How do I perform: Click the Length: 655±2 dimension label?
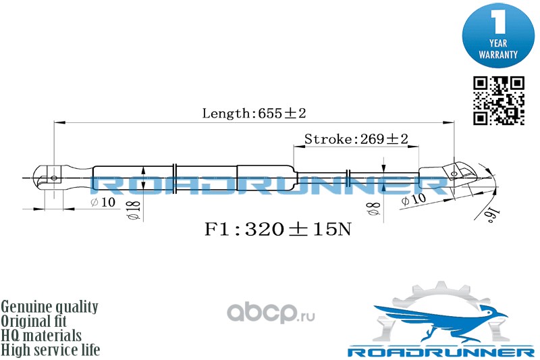pyautogui.click(x=250, y=113)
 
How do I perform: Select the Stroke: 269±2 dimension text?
pyautogui.click(x=356, y=139)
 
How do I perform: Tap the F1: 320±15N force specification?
pyautogui.click(x=277, y=229)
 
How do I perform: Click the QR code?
pyautogui.click(x=498, y=101)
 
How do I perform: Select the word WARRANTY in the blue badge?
pyautogui.click(x=498, y=53)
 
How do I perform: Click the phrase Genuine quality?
pyautogui.click(x=50, y=307)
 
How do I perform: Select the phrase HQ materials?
pyautogui.click(x=42, y=336)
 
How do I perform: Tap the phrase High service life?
pyautogui.click(x=51, y=350)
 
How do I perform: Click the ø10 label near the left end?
pyautogui.click(x=103, y=203)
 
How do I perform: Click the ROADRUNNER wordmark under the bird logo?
pyautogui.click(x=440, y=352)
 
